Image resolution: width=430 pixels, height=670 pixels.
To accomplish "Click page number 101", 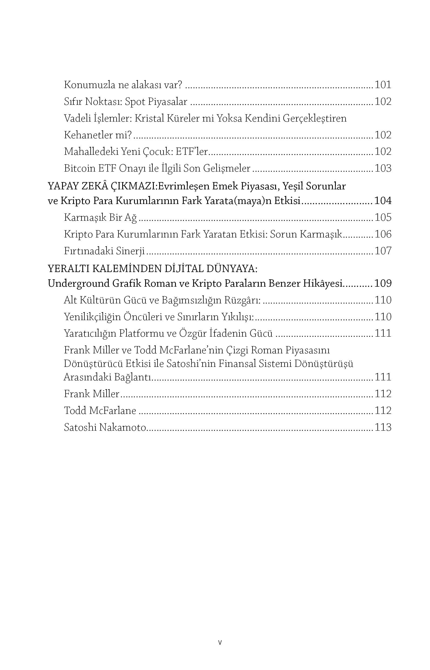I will [383, 85].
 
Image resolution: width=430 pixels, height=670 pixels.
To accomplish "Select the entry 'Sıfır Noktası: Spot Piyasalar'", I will [125, 102].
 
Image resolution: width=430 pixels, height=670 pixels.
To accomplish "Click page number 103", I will [383, 168].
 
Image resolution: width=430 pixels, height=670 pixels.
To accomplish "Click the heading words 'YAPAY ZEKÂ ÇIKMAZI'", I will [102, 186].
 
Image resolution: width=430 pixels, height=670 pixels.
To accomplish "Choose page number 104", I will [383, 201].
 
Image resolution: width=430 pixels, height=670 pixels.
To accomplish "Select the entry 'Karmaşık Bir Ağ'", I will [100, 217].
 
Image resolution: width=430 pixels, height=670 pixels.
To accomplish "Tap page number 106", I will [383, 234].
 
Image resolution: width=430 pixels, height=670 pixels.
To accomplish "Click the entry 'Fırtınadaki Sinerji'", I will [104, 251].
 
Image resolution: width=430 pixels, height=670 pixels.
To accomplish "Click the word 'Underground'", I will [79, 284].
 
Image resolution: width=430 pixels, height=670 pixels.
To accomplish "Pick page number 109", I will [383, 284].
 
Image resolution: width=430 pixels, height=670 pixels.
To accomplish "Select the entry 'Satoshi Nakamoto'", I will [105, 427].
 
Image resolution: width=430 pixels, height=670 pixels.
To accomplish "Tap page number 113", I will [383, 427].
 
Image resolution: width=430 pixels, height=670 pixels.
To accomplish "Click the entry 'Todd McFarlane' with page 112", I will [100, 410].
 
